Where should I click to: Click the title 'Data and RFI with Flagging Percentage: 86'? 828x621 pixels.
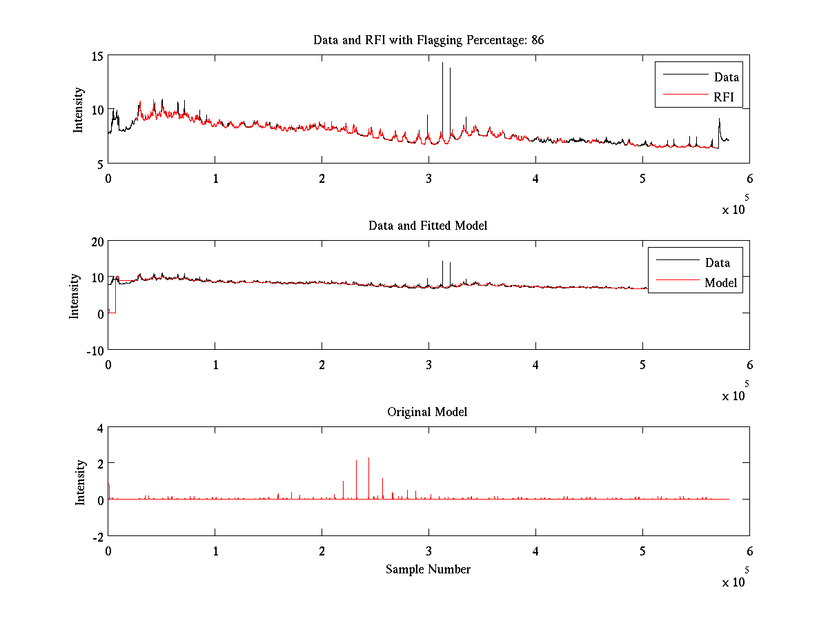tap(428, 40)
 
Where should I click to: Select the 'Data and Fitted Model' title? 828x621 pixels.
tap(428, 226)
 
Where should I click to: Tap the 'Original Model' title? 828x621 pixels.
tap(427, 412)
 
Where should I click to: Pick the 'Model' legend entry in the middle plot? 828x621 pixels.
tap(720, 282)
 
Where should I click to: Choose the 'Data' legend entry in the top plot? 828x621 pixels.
tap(726, 77)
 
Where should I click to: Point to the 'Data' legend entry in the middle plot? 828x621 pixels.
tap(717, 262)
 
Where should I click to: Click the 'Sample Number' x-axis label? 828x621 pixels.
tap(428, 569)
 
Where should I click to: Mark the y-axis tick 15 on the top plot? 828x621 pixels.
tap(97, 56)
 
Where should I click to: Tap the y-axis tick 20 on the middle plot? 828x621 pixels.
tap(96, 241)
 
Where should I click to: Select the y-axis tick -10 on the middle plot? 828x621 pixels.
tap(95, 349)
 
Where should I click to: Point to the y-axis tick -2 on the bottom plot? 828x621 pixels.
tap(98, 536)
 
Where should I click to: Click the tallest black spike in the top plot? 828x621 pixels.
tap(442, 64)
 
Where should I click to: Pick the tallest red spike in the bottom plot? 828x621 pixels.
tap(368, 459)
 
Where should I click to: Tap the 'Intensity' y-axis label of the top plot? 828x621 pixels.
tap(79, 109)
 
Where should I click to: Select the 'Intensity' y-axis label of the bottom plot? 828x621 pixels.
tap(80, 482)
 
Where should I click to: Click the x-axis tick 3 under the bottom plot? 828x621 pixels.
tap(428, 551)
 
